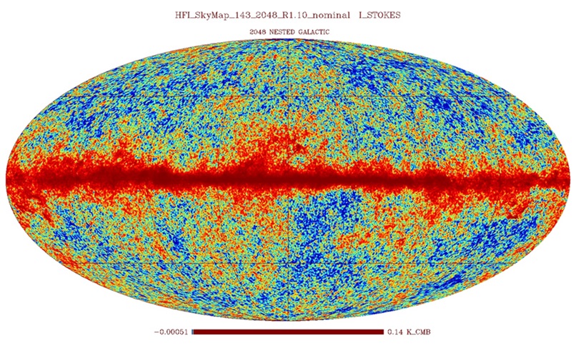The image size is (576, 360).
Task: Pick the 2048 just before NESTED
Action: coord(259,32)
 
